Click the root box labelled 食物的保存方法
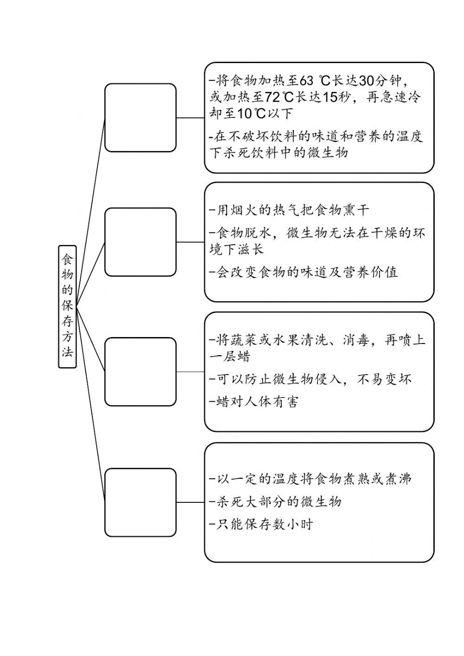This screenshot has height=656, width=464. coord(67,306)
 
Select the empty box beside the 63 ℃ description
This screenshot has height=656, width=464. coord(141,117)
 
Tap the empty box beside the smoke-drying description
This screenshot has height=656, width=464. coord(141,242)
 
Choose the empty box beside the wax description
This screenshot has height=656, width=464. coord(141,372)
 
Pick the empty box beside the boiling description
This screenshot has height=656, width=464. coord(141,502)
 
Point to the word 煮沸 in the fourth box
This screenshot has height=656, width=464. coord(398,479)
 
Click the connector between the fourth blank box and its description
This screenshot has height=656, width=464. coord(190,502)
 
